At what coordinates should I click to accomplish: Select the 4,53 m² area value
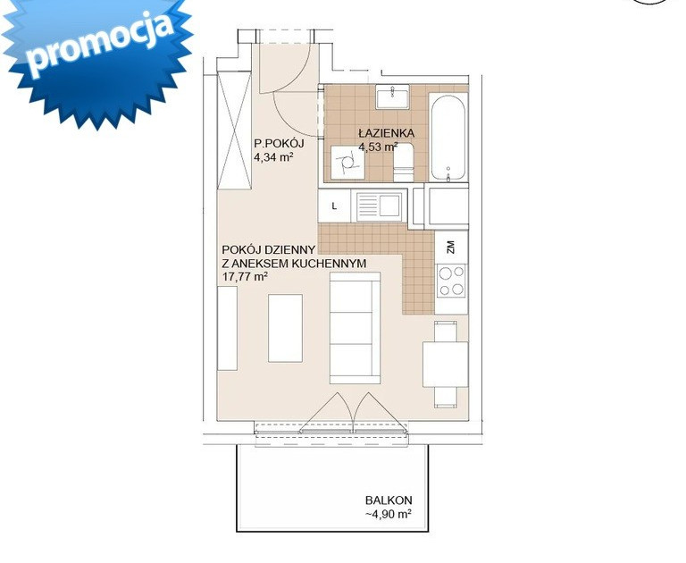click(x=379, y=147)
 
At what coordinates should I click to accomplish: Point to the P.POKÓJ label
click(x=279, y=143)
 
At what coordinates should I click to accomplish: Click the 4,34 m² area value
click(x=274, y=157)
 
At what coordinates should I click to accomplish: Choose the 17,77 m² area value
click(x=245, y=277)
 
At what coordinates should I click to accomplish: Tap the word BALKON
click(x=389, y=500)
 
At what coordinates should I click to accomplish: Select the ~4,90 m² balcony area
click(x=389, y=514)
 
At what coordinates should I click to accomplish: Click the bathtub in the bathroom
click(x=448, y=137)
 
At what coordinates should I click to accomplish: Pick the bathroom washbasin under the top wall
click(x=392, y=97)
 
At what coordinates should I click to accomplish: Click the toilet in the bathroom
click(x=404, y=162)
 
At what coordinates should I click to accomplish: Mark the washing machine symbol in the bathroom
click(x=347, y=163)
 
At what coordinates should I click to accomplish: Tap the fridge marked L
click(x=334, y=206)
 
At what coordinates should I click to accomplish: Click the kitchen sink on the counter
click(x=380, y=206)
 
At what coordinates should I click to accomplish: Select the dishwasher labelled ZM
click(x=451, y=247)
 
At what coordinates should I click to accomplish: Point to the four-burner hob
click(x=451, y=281)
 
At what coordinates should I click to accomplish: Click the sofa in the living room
click(x=355, y=328)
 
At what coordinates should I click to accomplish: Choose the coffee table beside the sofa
click(x=285, y=328)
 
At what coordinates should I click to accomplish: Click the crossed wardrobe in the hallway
click(x=235, y=130)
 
